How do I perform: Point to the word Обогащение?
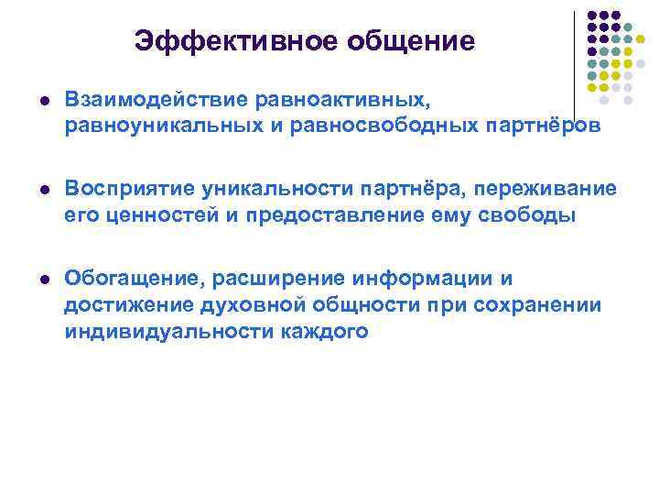click(x=121, y=278)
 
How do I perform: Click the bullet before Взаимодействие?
click(x=35, y=98)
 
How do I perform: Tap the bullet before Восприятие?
click(x=35, y=189)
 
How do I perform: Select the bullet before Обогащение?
click(x=35, y=279)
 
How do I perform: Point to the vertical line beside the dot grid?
click(x=575, y=55)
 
